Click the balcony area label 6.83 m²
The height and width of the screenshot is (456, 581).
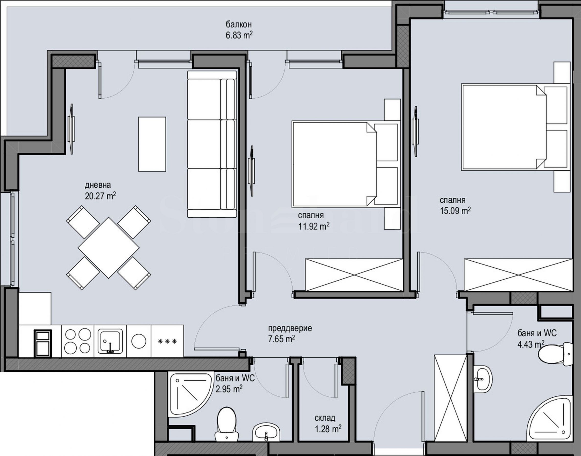pyautogui.click(x=239, y=35)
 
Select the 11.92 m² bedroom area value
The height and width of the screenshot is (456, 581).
pyautogui.click(x=314, y=226)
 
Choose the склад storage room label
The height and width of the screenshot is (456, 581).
pyautogui.click(x=325, y=418)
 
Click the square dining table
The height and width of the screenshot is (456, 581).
pyautogui.click(x=109, y=247)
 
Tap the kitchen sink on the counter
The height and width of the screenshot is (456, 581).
pyautogui.click(x=110, y=341)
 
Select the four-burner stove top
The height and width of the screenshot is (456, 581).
pyautogui.click(x=78, y=341)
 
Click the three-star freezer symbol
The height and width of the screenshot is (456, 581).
pyautogui.click(x=167, y=341)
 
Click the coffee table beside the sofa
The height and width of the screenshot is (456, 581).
pyautogui.click(x=152, y=144)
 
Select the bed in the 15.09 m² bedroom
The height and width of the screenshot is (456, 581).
pyautogui.click(x=515, y=127)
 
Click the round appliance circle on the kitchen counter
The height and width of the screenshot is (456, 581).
pyautogui.click(x=139, y=341)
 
